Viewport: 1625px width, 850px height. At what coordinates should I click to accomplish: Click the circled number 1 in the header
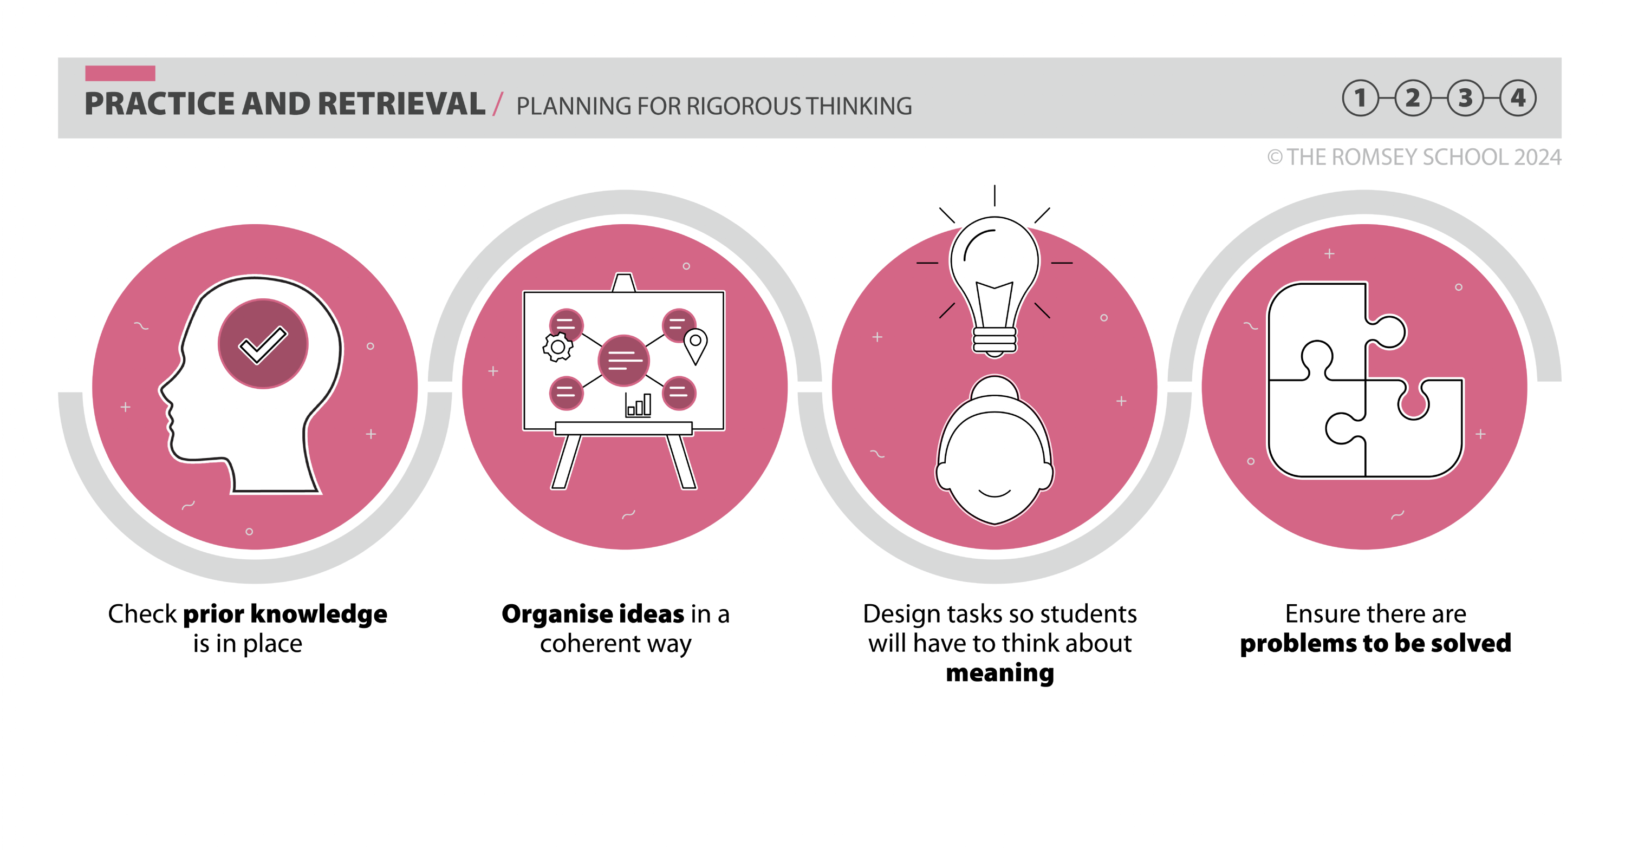click(x=1360, y=98)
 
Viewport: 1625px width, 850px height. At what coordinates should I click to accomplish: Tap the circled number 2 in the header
click(x=1413, y=98)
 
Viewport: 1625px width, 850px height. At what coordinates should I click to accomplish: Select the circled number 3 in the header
click(x=1465, y=98)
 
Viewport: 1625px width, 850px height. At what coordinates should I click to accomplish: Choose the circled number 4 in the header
click(x=1518, y=98)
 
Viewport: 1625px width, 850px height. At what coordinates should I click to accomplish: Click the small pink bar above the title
click(x=120, y=73)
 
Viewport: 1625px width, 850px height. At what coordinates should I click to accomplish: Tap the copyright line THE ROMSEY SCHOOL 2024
click(x=1414, y=157)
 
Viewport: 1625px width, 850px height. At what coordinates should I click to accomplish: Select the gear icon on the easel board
click(x=558, y=347)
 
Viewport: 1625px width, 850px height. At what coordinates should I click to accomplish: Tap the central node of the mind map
click(x=623, y=361)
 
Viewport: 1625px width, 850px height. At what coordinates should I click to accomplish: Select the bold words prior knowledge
click(x=285, y=614)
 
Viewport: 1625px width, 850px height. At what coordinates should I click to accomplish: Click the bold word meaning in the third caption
click(x=1000, y=674)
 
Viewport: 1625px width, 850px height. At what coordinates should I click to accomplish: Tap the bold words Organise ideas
click(x=593, y=614)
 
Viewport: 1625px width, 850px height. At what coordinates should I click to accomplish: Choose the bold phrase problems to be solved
click(x=1376, y=643)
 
